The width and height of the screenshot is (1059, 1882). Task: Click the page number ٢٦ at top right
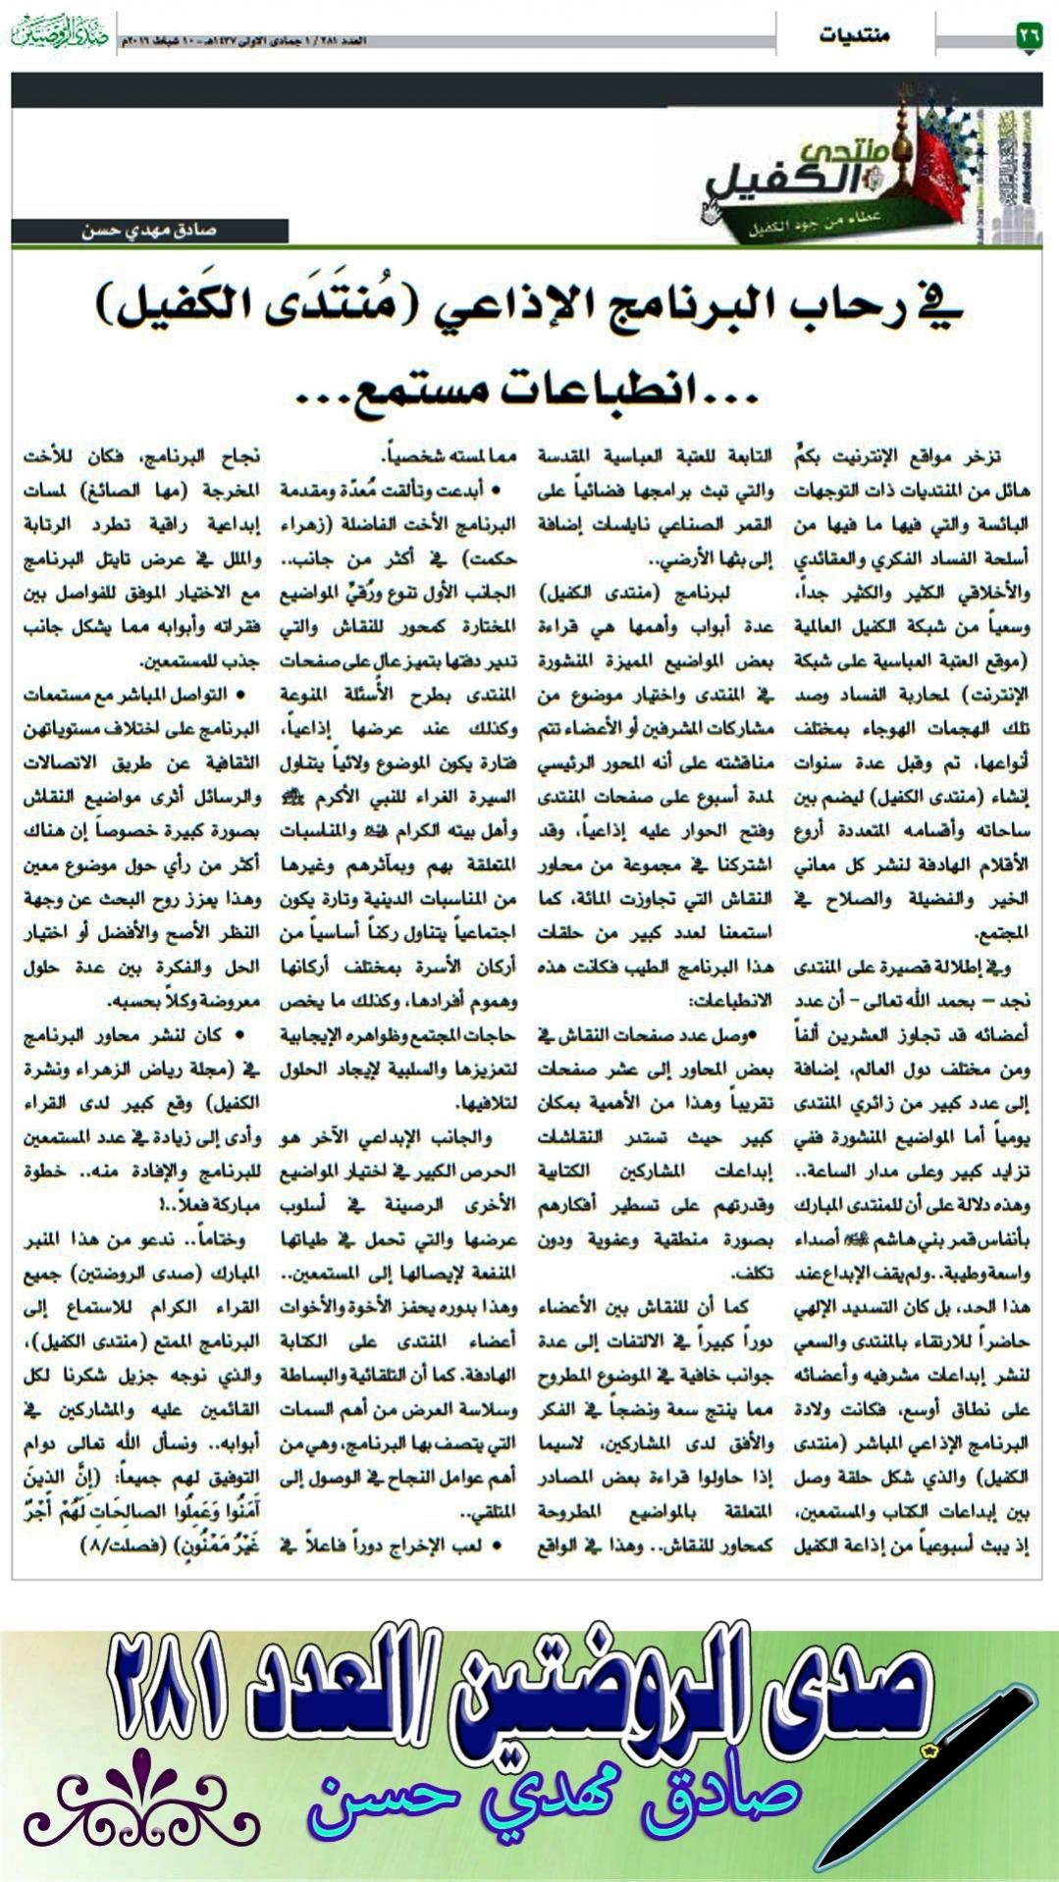tap(1028, 36)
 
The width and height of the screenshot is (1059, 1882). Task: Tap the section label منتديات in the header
tap(854, 36)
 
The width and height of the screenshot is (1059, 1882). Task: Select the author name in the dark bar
tap(149, 232)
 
